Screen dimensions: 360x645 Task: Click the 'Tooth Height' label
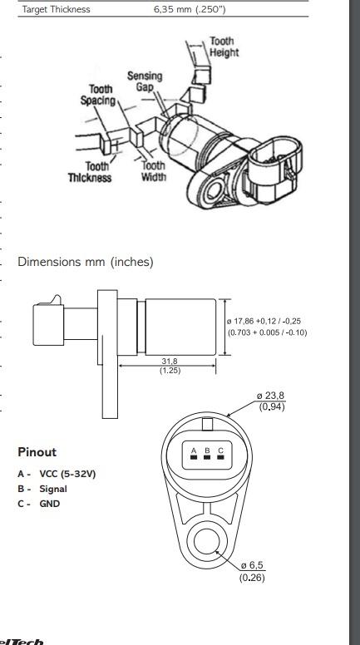click(224, 47)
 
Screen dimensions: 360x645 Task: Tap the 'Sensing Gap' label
click(145, 81)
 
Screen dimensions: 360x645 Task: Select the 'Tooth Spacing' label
click(98, 95)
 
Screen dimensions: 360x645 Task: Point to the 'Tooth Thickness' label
click(90, 172)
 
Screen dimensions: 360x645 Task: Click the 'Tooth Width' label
click(154, 171)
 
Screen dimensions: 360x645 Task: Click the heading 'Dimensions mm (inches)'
click(86, 262)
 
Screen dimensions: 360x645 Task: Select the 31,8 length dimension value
click(170, 362)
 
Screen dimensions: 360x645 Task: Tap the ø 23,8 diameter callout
click(270, 396)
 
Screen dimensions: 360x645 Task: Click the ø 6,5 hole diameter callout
click(253, 564)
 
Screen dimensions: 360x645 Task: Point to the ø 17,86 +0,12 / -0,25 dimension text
click(266, 322)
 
